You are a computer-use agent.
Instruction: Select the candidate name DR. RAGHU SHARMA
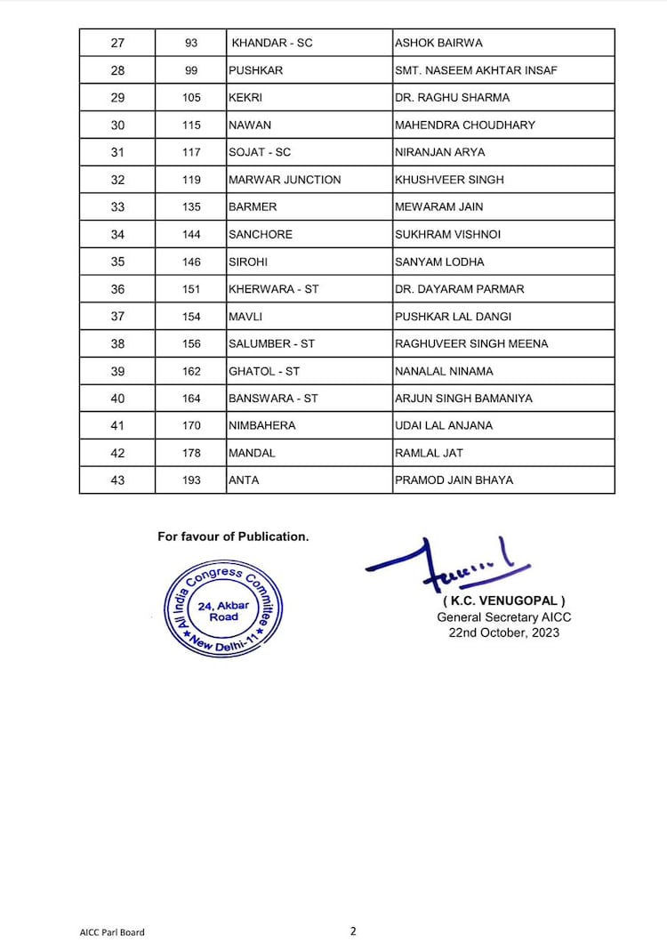pyautogui.click(x=452, y=98)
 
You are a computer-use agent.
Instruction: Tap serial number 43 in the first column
pyautogui.click(x=117, y=480)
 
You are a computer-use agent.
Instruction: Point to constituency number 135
pyautogui.click(x=191, y=207)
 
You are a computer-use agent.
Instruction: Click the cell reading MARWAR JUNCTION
pyautogui.click(x=285, y=180)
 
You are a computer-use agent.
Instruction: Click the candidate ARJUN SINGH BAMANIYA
pyautogui.click(x=463, y=399)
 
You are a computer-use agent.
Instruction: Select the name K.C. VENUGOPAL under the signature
pyautogui.click(x=503, y=601)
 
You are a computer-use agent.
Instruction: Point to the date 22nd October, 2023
pyautogui.click(x=503, y=633)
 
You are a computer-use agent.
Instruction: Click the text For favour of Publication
pyautogui.click(x=233, y=536)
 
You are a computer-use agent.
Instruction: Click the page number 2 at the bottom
pyautogui.click(x=353, y=931)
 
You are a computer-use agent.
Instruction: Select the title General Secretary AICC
pyautogui.click(x=503, y=617)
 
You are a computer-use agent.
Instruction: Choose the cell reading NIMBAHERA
pyautogui.click(x=262, y=426)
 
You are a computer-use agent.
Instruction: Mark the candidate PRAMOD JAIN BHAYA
pyautogui.click(x=454, y=480)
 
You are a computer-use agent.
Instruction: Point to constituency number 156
pyautogui.click(x=191, y=344)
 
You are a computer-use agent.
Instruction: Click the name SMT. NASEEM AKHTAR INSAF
pyautogui.click(x=476, y=70)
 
